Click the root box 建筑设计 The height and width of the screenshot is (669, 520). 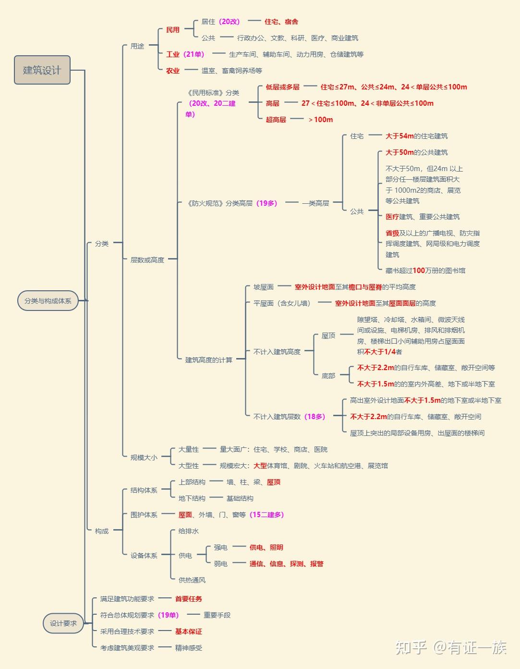pos(42,70)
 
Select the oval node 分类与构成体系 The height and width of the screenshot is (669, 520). pos(48,301)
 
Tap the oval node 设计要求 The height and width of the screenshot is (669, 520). pos(63,623)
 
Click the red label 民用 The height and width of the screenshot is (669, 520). pos(173,30)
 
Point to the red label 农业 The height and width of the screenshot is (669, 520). pos(173,71)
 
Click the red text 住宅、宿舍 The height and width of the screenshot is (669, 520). pos(281,22)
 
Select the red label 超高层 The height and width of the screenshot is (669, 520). pos(276,120)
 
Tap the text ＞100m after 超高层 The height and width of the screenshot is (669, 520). pos(320,120)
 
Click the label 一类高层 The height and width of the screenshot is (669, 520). pos(315,203)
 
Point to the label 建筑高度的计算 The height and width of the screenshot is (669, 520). pos(209,360)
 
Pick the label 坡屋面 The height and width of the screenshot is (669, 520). pos(264,287)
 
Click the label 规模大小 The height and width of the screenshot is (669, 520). pos(144,458)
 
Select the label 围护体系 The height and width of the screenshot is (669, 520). pos(144,515)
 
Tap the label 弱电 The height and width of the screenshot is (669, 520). pos(221,564)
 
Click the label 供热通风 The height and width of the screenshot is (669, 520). pos(192,580)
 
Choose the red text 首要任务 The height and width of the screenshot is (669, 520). pos(189,599)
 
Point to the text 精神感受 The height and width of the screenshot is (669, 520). pos(189,648)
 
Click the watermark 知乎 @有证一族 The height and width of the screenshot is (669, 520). pos(451,647)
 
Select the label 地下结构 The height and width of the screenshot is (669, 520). pos(192,498)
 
